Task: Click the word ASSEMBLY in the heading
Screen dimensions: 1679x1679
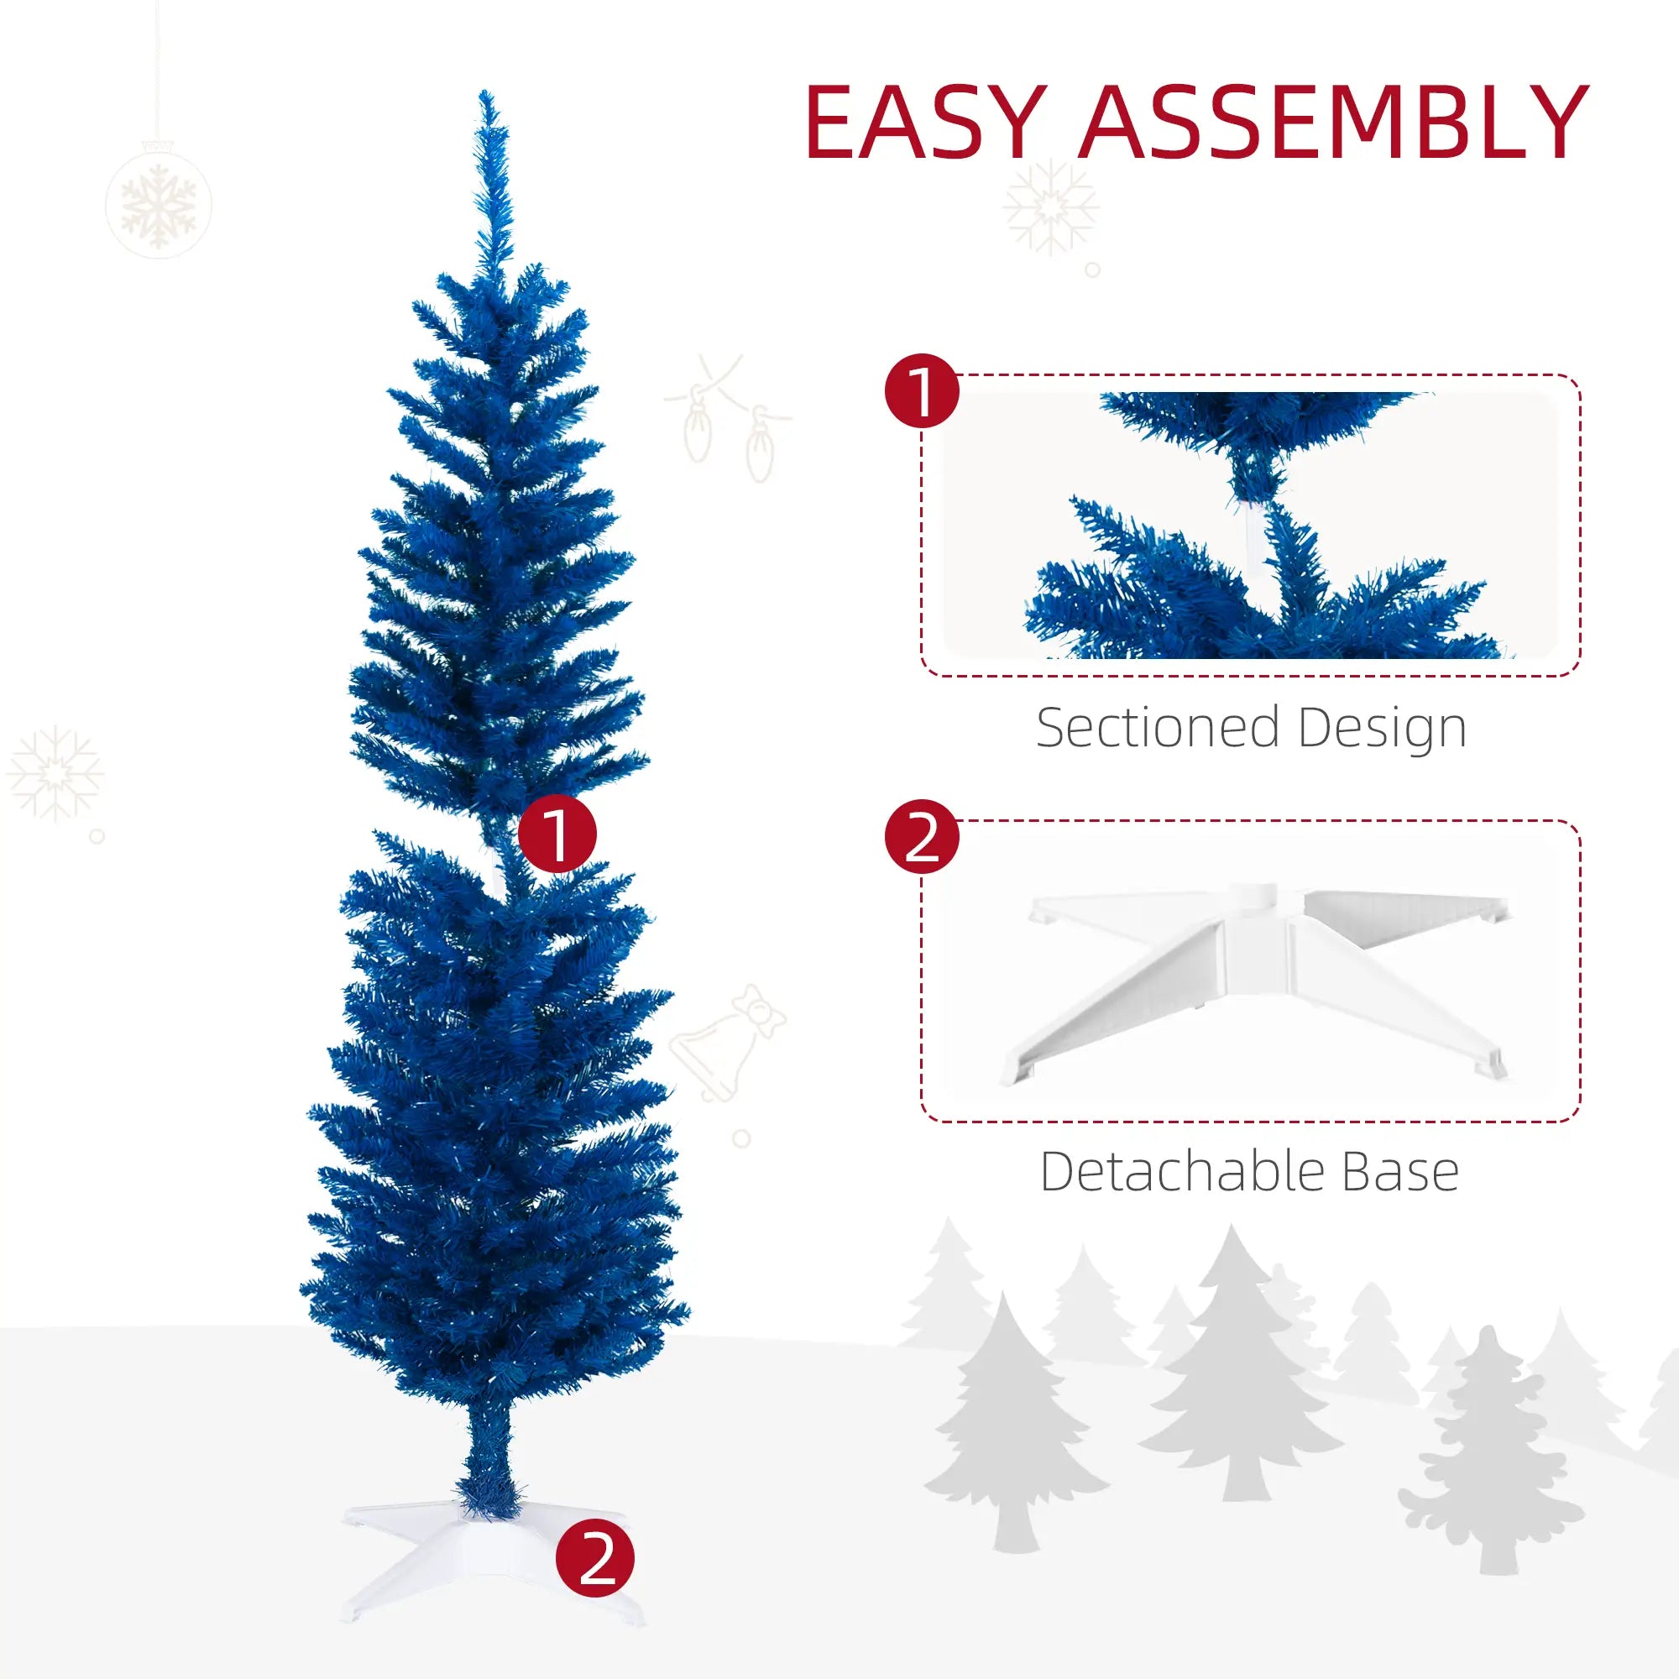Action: click(x=1334, y=123)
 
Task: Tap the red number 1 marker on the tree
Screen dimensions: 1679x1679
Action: click(x=557, y=834)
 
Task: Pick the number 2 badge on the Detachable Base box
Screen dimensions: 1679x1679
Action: click(x=921, y=838)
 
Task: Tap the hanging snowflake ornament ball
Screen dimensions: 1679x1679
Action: click(x=158, y=205)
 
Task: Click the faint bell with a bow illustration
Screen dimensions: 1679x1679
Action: click(x=726, y=1043)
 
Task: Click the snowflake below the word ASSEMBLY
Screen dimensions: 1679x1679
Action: click(x=1052, y=207)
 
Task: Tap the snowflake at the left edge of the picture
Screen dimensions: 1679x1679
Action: click(x=54, y=772)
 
